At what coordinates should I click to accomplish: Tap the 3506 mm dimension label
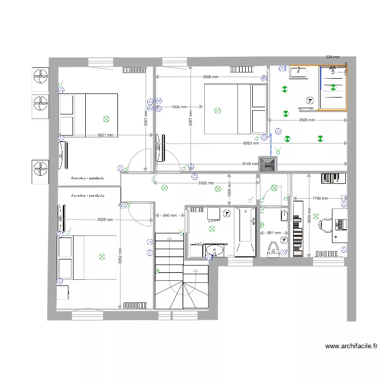coord(210,77)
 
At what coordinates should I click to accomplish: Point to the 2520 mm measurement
coord(306,121)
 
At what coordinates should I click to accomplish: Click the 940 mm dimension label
coord(170,216)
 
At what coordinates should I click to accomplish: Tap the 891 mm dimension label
coord(274,233)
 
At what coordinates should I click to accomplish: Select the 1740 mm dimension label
coord(321,198)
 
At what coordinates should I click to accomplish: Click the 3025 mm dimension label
coord(105,220)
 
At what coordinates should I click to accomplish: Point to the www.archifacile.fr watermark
coord(352,346)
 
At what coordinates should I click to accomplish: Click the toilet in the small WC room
coord(273,248)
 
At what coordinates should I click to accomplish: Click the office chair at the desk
coord(325,223)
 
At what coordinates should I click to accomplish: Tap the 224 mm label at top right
coord(332,58)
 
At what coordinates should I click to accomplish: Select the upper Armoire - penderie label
coord(88,178)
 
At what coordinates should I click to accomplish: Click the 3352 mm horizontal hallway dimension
coord(205,183)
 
